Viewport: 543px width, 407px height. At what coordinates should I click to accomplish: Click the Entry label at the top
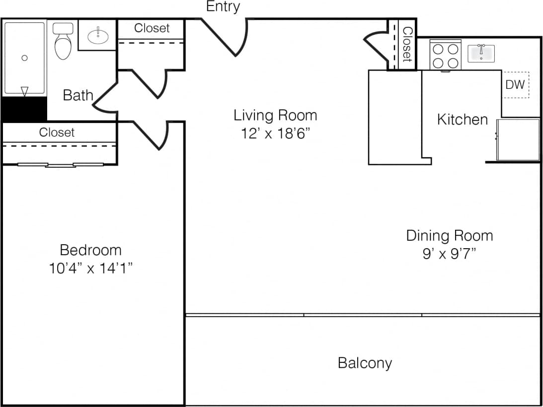[223, 6]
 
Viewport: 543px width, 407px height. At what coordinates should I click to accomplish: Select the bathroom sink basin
[98, 35]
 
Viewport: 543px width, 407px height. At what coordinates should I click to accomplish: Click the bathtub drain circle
[24, 58]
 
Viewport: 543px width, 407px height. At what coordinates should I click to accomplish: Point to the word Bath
[78, 95]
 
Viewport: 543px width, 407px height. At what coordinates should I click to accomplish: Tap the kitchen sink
[481, 53]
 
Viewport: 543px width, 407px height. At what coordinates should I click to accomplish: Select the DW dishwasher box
[515, 85]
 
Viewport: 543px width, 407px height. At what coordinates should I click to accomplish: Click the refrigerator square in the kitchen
[518, 139]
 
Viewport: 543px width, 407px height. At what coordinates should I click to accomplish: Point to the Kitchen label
[462, 120]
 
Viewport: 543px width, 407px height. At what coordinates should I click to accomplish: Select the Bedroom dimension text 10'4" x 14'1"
[90, 269]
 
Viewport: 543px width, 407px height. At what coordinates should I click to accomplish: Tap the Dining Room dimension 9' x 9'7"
[449, 254]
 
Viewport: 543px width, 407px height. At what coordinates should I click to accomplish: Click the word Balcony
[365, 363]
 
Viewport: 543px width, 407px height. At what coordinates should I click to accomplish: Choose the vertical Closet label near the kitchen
[407, 44]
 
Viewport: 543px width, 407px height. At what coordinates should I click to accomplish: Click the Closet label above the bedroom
[57, 133]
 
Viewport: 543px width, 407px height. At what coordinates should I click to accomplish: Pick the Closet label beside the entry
[152, 28]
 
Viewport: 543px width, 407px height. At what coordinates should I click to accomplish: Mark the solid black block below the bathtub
[24, 109]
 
